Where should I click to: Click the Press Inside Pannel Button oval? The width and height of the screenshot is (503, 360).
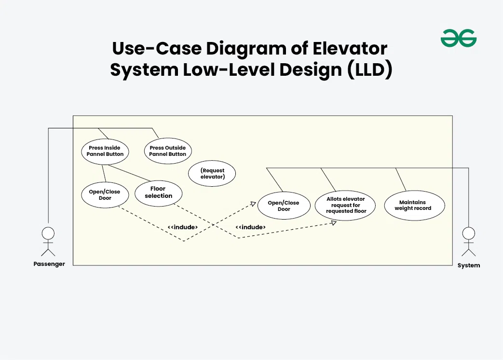point(105,151)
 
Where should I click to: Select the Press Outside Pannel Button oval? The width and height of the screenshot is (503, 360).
point(168,151)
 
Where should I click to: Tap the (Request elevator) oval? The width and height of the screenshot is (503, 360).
point(212,174)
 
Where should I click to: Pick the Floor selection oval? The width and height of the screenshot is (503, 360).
point(158,193)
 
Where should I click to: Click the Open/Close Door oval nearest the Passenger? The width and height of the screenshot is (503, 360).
point(105,195)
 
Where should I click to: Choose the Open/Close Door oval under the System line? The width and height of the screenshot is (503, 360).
point(284,206)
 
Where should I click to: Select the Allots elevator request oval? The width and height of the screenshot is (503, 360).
point(346,205)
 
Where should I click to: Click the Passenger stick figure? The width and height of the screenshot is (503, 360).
point(48,241)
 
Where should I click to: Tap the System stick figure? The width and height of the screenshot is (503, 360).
point(468,241)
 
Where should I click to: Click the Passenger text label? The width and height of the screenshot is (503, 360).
point(49,264)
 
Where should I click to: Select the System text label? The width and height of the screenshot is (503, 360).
point(469,265)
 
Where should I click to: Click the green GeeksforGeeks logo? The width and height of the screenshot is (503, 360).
point(458,38)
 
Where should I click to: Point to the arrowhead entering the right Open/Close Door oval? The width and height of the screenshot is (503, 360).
point(254,204)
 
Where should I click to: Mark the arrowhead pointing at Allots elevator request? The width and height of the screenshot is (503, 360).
point(334,223)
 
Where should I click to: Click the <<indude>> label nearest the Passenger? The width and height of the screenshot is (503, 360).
point(183,227)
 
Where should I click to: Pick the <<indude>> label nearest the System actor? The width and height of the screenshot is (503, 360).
point(250,227)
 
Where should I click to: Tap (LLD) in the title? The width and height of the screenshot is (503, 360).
point(369,70)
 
